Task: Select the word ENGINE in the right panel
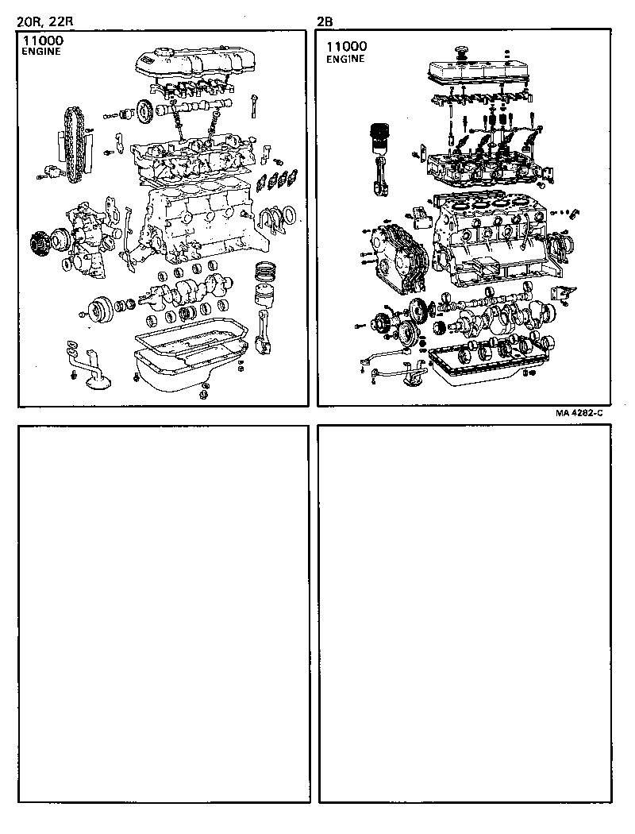point(345,59)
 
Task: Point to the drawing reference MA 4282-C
point(580,413)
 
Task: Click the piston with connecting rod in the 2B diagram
point(380,159)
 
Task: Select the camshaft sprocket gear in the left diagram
point(144,110)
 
